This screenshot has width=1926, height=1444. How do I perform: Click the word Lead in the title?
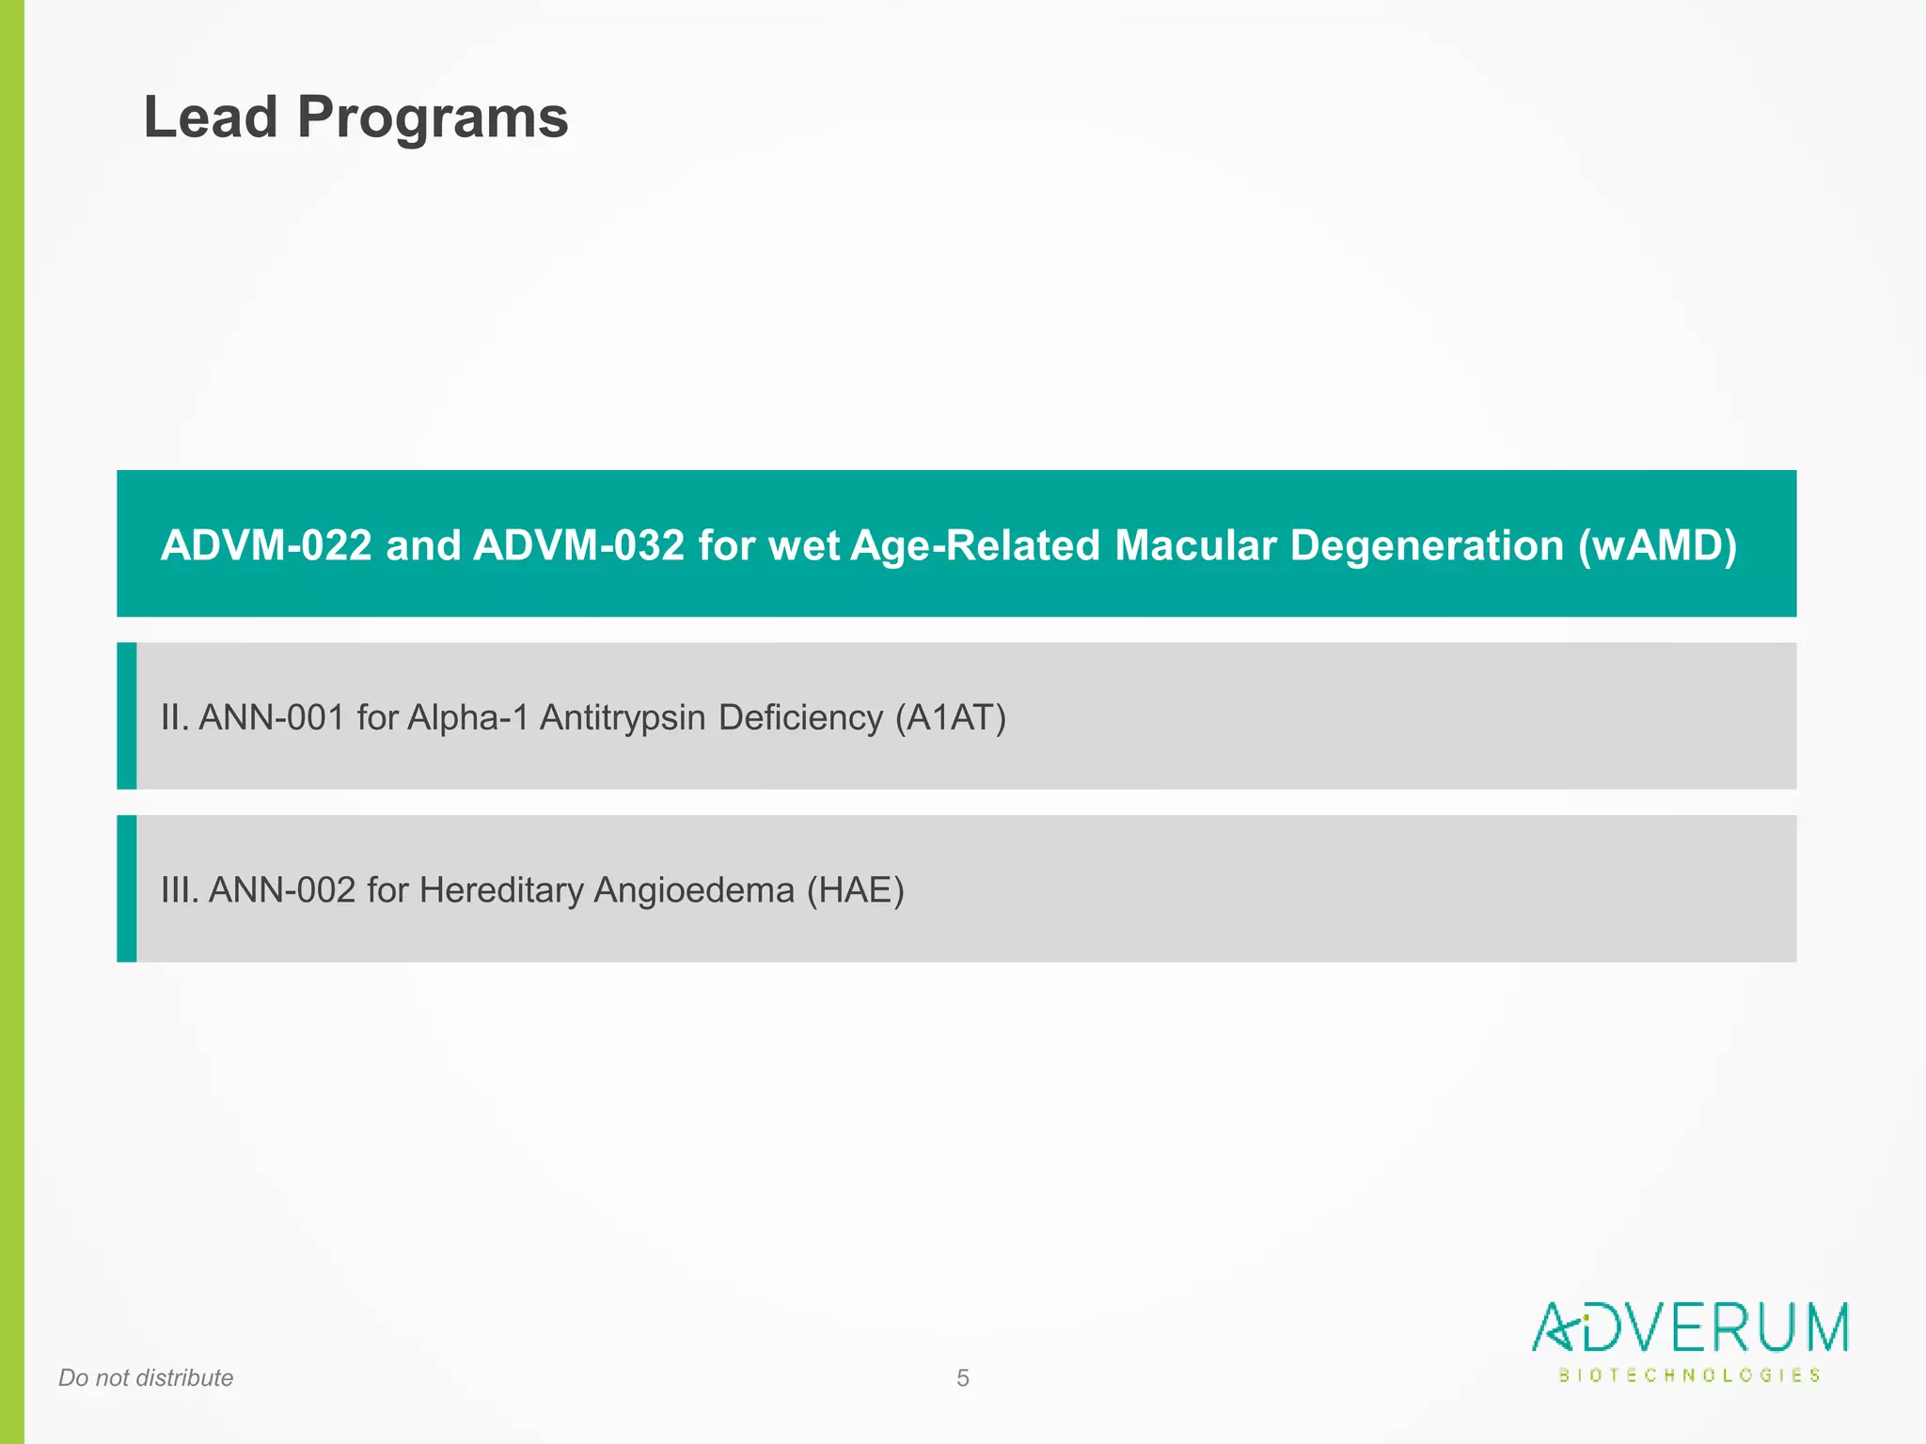(211, 118)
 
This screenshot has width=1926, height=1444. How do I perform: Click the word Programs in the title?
(433, 119)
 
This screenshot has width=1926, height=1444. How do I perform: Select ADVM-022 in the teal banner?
(266, 545)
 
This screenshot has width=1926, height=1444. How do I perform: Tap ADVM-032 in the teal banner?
(578, 545)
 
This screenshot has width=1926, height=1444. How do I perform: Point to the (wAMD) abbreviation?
(1657, 545)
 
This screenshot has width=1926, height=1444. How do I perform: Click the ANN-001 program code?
(272, 717)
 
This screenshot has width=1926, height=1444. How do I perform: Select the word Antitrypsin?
(623, 718)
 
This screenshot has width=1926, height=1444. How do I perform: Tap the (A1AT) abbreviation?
(950, 717)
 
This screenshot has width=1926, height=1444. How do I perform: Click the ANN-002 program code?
(282, 889)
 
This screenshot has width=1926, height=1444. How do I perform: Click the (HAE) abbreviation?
(855, 889)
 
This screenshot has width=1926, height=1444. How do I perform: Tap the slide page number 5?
(962, 1378)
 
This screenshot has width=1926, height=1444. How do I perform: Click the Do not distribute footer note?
(146, 1378)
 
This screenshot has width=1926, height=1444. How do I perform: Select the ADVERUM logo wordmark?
(1690, 1327)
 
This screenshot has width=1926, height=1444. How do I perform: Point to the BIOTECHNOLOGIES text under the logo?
(1690, 1375)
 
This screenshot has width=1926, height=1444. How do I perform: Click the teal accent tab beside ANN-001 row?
(127, 716)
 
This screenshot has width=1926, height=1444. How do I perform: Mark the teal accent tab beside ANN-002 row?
(127, 888)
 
